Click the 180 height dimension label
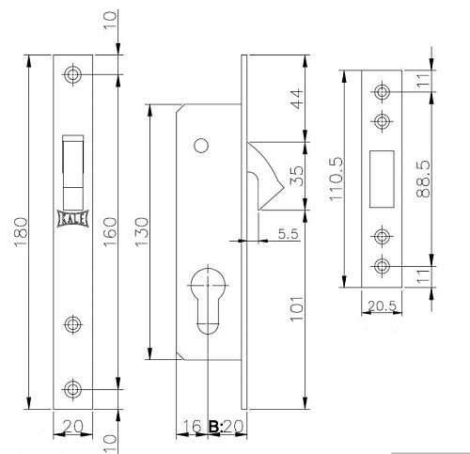(x=21, y=232)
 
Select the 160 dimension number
(x=110, y=232)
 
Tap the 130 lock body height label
(x=141, y=232)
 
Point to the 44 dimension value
(x=297, y=99)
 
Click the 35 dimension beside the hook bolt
(x=296, y=176)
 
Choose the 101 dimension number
(x=297, y=308)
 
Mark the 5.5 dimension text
(x=288, y=234)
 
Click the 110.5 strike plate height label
(x=337, y=179)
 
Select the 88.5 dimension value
(x=423, y=179)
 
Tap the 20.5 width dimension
(x=382, y=306)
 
